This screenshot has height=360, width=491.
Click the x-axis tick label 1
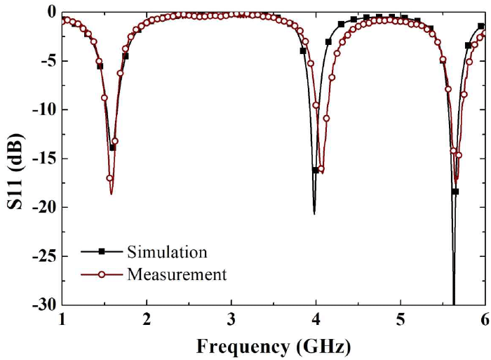click(x=63, y=319)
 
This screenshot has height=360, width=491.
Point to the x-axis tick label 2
click(x=147, y=319)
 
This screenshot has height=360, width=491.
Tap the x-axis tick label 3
click(x=231, y=319)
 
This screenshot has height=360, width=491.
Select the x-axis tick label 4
click(x=316, y=319)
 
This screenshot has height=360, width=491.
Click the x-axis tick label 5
click(x=401, y=319)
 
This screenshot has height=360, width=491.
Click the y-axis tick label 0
click(x=51, y=12)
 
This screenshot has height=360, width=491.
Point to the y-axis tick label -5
click(x=48, y=61)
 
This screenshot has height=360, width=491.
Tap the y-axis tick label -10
click(x=44, y=109)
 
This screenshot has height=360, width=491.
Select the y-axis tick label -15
click(x=44, y=159)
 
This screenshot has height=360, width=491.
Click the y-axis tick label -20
click(x=44, y=207)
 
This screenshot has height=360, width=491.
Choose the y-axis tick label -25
click(x=44, y=256)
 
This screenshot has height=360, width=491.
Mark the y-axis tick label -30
click(x=44, y=305)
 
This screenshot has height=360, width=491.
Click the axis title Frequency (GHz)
click(x=274, y=346)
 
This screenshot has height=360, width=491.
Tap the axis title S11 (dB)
click(x=15, y=158)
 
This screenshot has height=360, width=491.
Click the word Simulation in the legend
click(x=167, y=251)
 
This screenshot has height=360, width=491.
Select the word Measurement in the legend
click(x=177, y=274)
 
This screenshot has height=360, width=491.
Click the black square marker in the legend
click(x=101, y=251)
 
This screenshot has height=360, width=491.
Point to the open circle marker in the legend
click(x=101, y=274)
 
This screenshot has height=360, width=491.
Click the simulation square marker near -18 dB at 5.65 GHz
click(x=455, y=192)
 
